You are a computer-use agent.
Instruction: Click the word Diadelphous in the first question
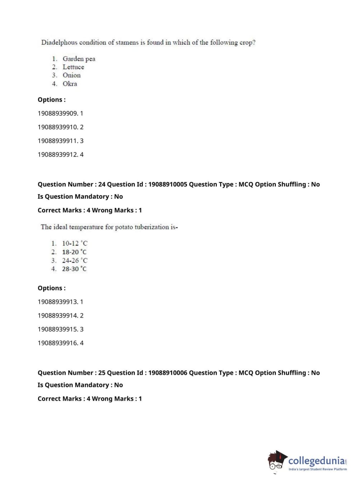59,42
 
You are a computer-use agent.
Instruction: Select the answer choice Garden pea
79,59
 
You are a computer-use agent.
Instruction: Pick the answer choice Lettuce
73,67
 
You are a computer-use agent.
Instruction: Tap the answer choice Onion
72,75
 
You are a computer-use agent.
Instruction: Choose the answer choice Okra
70,83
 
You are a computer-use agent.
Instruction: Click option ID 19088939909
58,113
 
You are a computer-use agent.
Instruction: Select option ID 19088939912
58,154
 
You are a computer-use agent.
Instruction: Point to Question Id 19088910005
168,184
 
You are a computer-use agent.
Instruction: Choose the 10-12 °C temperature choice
74,243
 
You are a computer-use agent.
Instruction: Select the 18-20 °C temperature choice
74,252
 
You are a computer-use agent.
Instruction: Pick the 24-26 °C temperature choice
74,260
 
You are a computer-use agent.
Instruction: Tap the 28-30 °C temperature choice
74,269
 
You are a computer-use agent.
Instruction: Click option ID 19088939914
58,316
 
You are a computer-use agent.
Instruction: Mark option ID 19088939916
58,343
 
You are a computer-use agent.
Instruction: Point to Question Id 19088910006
168,373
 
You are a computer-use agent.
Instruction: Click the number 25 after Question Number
102,373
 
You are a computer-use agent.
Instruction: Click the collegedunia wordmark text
316,461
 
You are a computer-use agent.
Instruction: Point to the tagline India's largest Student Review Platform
318,469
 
